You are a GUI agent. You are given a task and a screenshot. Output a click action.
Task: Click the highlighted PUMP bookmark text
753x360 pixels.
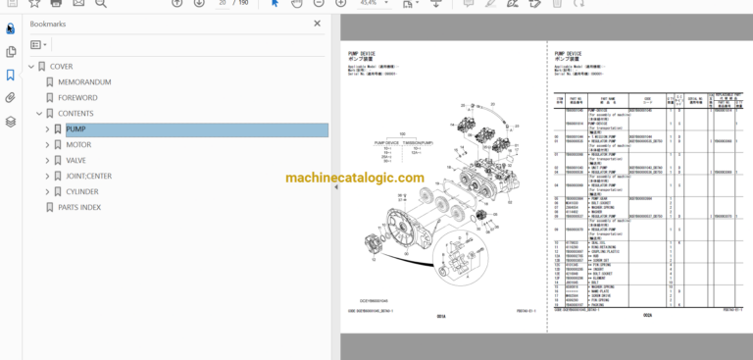(x=75, y=129)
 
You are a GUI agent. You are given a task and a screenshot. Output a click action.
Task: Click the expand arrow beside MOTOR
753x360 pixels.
(x=46, y=145)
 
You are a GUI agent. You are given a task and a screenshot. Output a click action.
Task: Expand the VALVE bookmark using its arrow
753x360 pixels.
(x=46, y=161)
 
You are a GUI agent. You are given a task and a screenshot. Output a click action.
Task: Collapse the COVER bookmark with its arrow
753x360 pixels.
(x=30, y=67)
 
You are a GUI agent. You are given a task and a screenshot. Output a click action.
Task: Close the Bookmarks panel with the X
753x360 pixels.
(x=317, y=23)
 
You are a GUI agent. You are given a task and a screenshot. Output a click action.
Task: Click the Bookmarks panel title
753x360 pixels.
(x=49, y=23)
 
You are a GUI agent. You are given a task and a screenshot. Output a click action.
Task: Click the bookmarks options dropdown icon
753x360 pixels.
(x=39, y=45)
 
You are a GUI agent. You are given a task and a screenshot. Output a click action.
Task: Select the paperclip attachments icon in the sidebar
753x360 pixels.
(x=11, y=98)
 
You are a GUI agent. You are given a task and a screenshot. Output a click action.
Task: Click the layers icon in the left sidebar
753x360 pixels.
(x=11, y=122)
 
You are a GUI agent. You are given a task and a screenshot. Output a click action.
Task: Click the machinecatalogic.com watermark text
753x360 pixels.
(x=355, y=179)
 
